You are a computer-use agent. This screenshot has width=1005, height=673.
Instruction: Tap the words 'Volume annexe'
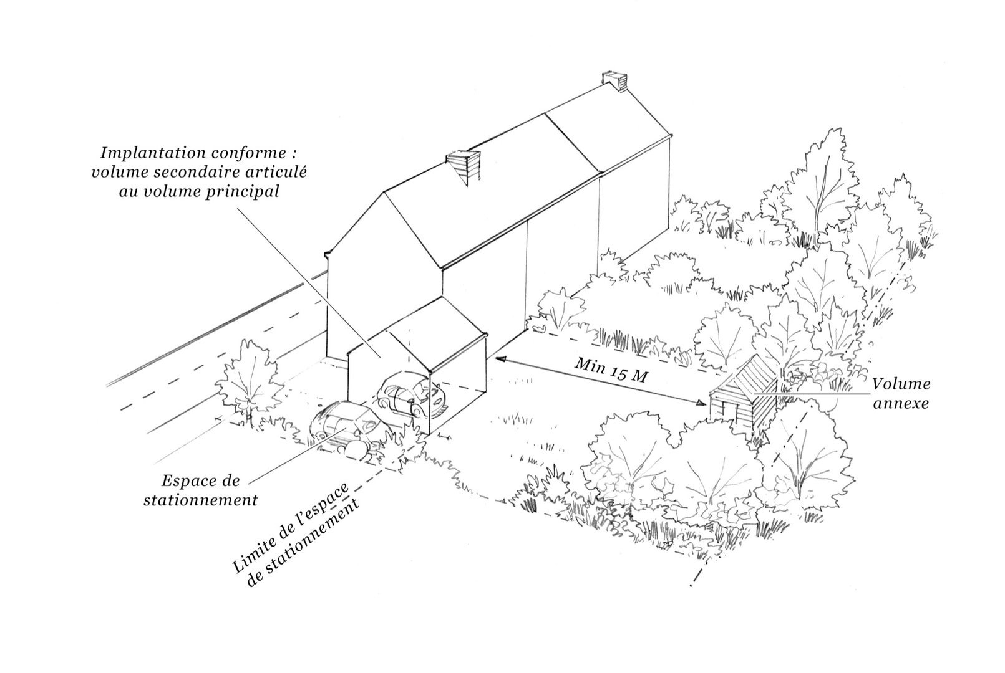point(901,394)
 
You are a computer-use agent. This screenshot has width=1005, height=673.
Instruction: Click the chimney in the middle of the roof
point(465,167)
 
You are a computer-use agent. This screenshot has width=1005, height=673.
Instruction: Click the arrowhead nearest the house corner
point(498,358)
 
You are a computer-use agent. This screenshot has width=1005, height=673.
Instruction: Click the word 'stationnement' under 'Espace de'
point(200,500)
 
